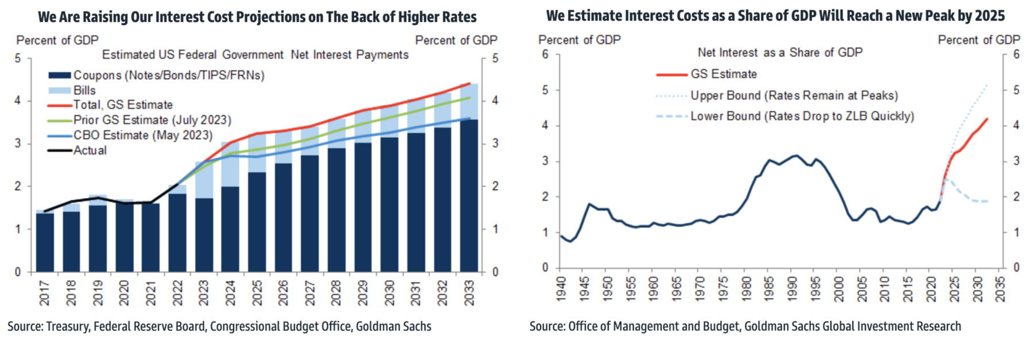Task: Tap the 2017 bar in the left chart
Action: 45,241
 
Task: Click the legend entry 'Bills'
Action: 84,90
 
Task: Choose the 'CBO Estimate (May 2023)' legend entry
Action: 142,135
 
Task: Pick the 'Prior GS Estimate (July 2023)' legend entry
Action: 152,120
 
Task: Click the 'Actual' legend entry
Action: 90,150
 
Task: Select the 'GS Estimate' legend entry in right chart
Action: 723,74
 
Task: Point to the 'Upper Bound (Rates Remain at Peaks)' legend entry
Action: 794,95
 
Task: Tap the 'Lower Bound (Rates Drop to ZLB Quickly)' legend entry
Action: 802,116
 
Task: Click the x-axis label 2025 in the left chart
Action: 257,293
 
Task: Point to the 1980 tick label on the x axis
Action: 746,289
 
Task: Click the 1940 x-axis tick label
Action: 561,289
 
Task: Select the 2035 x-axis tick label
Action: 1000,289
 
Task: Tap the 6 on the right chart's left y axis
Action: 545,55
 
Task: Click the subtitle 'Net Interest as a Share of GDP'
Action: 780,52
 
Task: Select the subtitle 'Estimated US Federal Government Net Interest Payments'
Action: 255,55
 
